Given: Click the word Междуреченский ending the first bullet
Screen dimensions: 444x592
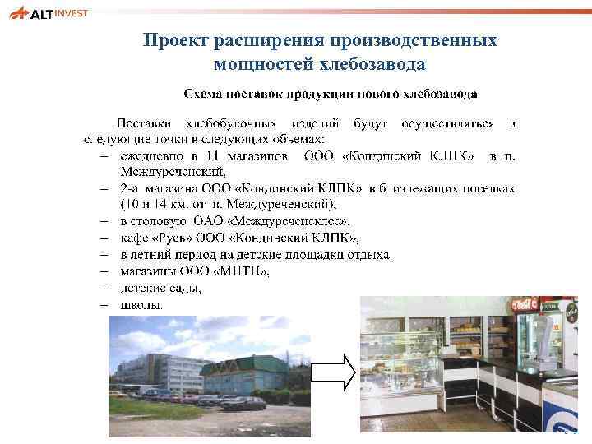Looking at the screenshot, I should (172, 171).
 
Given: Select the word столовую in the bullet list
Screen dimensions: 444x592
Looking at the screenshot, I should (162, 221).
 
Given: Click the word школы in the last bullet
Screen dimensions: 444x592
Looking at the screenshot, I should (141, 303).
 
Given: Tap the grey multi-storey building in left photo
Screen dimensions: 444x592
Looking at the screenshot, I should (156, 370).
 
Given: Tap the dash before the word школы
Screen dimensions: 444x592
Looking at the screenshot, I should (104, 303).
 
